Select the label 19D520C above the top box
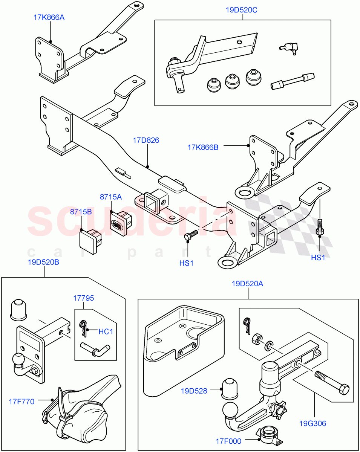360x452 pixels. (x=242, y=10)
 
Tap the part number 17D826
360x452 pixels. (x=146, y=140)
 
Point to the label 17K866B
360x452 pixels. (x=203, y=147)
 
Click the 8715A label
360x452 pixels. (x=111, y=197)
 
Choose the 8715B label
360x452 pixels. (x=81, y=212)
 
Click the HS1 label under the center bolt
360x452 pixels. (x=186, y=263)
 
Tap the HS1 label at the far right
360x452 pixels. (x=318, y=258)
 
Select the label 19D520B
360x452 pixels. (x=43, y=262)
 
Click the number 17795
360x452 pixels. (x=83, y=298)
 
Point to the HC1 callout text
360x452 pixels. (x=106, y=331)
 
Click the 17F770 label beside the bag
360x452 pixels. (x=21, y=402)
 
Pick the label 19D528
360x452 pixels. (x=194, y=391)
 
